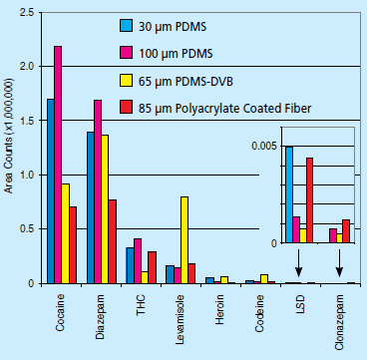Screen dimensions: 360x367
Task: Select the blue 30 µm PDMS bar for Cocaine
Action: click(x=51, y=190)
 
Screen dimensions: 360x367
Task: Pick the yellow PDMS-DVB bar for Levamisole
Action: click(x=184, y=239)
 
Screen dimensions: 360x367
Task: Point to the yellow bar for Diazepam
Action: click(x=105, y=208)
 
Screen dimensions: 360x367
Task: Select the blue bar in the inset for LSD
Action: click(x=289, y=194)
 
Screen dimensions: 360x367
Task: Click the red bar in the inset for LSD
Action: click(x=310, y=200)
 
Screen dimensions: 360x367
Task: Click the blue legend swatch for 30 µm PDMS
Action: click(x=126, y=26)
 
